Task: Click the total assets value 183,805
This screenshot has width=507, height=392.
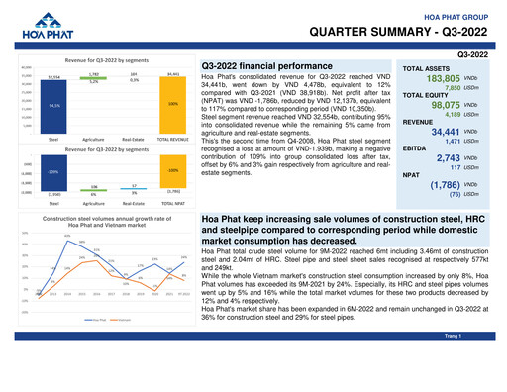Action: point(443,78)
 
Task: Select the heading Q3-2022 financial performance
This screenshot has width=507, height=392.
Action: point(266,65)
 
